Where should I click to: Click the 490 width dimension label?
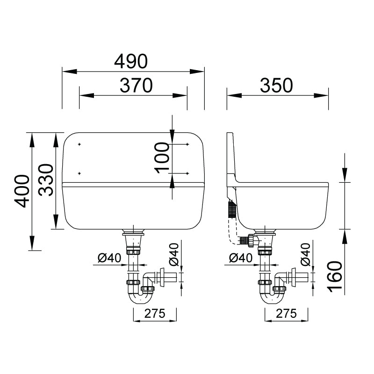pyautogui.click(x=131, y=61)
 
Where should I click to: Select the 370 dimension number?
pyautogui.click(x=136, y=86)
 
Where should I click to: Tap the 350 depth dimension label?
pyautogui.click(x=276, y=86)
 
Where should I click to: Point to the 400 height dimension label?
pyautogui.click(x=22, y=191)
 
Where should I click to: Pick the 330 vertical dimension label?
pyautogui.click(x=46, y=180)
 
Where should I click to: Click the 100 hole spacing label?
pyautogui.click(x=162, y=158)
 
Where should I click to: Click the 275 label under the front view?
pyautogui.click(x=155, y=313)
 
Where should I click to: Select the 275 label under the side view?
pyautogui.click(x=286, y=313)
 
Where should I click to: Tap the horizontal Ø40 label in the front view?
pyautogui.click(x=109, y=258)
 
